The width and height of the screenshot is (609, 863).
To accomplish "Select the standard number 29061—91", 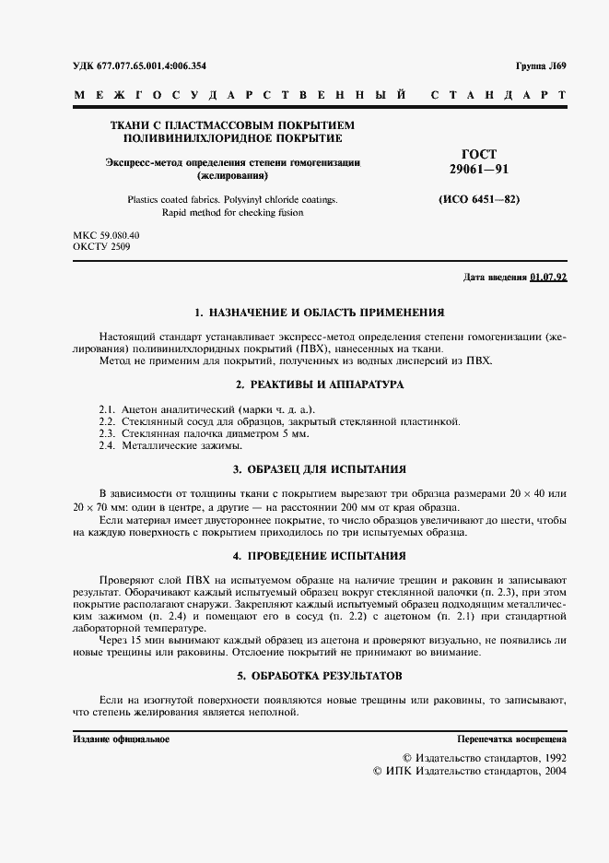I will [478, 170].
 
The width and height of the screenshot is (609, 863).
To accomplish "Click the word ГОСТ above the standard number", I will [478, 154].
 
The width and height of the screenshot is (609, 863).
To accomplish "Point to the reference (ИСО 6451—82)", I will [478, 199].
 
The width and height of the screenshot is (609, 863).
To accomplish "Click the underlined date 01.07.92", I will [549, 278].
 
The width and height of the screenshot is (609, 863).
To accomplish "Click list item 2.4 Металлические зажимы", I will [162, 445].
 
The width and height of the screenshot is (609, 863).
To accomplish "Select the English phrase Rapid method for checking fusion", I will [232, 212].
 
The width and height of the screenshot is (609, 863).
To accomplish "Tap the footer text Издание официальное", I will [121, 739].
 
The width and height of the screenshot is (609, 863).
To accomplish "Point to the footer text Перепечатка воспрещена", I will [512, 739].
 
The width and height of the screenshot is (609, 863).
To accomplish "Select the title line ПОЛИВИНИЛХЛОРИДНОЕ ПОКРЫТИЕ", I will [232, 138].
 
